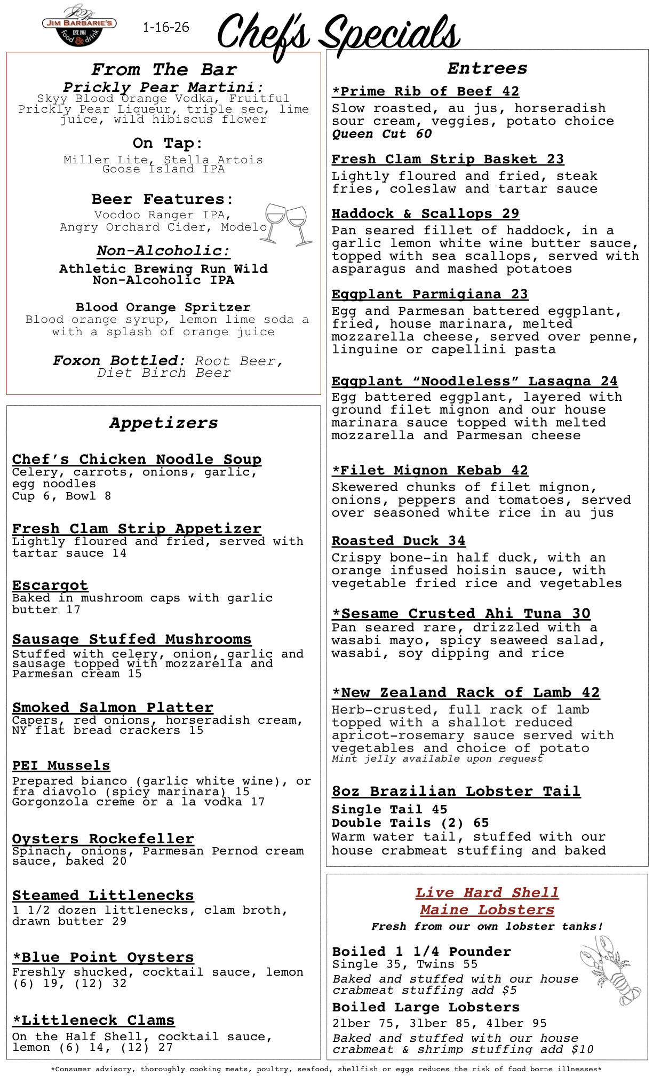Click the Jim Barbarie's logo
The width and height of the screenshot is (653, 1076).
pyautogui.click(x=79, y=26)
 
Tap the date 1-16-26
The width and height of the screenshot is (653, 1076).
pyautogui.click(x=166, y=27)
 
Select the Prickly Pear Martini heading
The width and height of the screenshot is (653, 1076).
pyautogui.click(x=163, y=87)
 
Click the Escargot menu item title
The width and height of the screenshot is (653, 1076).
pyautogui.click(x=50, y=585)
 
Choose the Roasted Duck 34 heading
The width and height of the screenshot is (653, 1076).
pyautogui.click(x=398, y=541)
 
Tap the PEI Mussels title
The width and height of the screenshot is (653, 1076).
pyautogui.click(x=61, y=765)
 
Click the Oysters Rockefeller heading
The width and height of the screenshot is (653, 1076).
pyautogui.click(x=103, y=838)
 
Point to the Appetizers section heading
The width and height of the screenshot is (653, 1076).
pyautogui.click(x=163, y=423)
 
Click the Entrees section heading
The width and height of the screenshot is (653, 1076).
pyautogui.click(x=487, y=68)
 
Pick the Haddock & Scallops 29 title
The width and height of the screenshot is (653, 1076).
pyautogui.click(x=425, y=213)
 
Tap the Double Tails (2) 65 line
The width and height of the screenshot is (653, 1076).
pyautogui.click(x=410, y=823)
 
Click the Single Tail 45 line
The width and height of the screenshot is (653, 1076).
pyautogui.click(x=389, y=810)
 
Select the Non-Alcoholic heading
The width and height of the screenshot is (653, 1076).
pyautogui.click(x=163, y=251)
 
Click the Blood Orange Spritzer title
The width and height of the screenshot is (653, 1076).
pyautogui.click(x=163, y=307)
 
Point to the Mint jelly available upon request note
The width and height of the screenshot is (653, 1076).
pyautogui.click(x=436, y=758)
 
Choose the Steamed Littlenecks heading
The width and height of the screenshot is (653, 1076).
pyautogui.click(x=103, y=895)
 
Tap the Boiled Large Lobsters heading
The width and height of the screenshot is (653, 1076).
pyautogui.click(x=425, y=1007)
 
